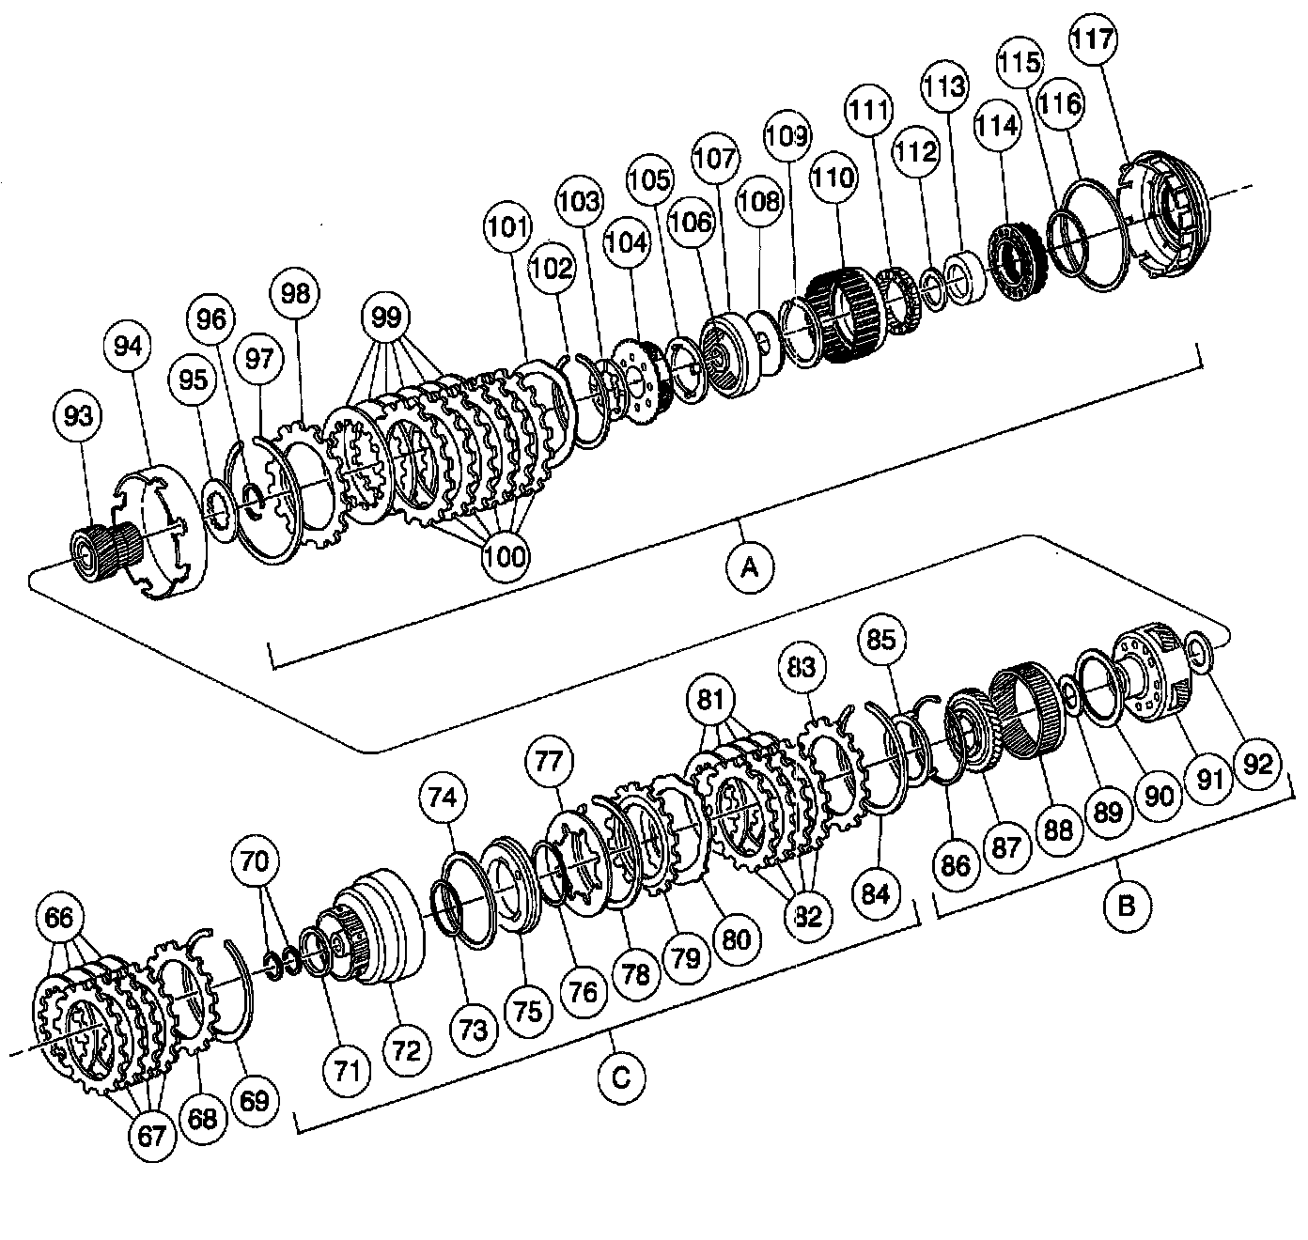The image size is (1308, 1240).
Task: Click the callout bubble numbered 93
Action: (78, 416)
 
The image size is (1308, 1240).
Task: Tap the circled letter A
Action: (750, 567)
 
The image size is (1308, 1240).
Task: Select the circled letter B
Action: (1127, 906)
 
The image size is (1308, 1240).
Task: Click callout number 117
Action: (1093, 39)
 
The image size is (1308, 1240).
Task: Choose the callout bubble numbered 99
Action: (386, 318)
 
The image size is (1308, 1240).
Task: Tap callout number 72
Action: (407, 1050)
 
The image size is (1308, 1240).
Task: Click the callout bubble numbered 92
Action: (1257, 765)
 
